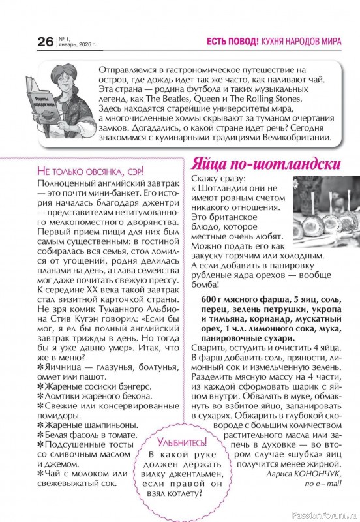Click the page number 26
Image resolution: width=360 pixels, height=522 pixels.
point(46,42)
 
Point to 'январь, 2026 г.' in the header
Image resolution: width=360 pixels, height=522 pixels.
point(78,45)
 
